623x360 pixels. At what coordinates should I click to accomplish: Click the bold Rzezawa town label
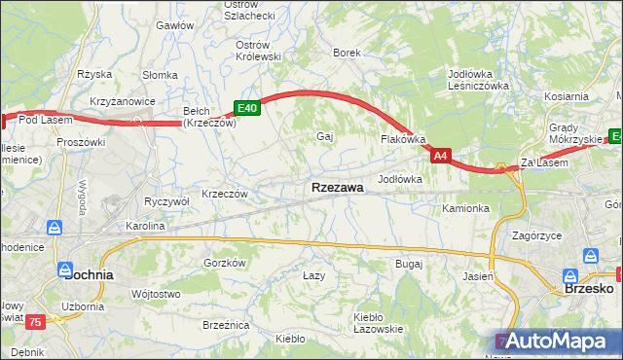pyautogui.click(x=338, y=188)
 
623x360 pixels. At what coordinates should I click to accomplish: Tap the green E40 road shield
pyautogui.click(x=246, y=109)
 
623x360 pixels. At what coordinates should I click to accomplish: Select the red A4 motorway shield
pyautogui.click(x=441, y=155)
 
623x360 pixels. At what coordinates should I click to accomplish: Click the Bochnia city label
pyautogui.click(x=88, y=274)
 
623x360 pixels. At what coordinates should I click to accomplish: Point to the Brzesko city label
pyautogui.click(x=588, y=288)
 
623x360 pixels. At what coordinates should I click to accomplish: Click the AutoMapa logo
pyautogui.click(x=555, y=341)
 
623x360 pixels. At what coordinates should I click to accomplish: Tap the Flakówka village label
pyautogui.click(x=402, y=139)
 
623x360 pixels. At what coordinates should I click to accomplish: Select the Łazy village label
pyautogui.click(x=312, y=275)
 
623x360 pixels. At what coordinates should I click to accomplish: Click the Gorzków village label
pyautogui.click(x=225, y=263)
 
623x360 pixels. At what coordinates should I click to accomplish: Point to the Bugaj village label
pyautogui.click(x=408, y=263)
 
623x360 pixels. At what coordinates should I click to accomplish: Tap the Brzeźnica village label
pyautogui.click(x=226, y=324)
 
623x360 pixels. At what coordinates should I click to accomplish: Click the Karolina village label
pyautogui.click(x=143, y=226)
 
